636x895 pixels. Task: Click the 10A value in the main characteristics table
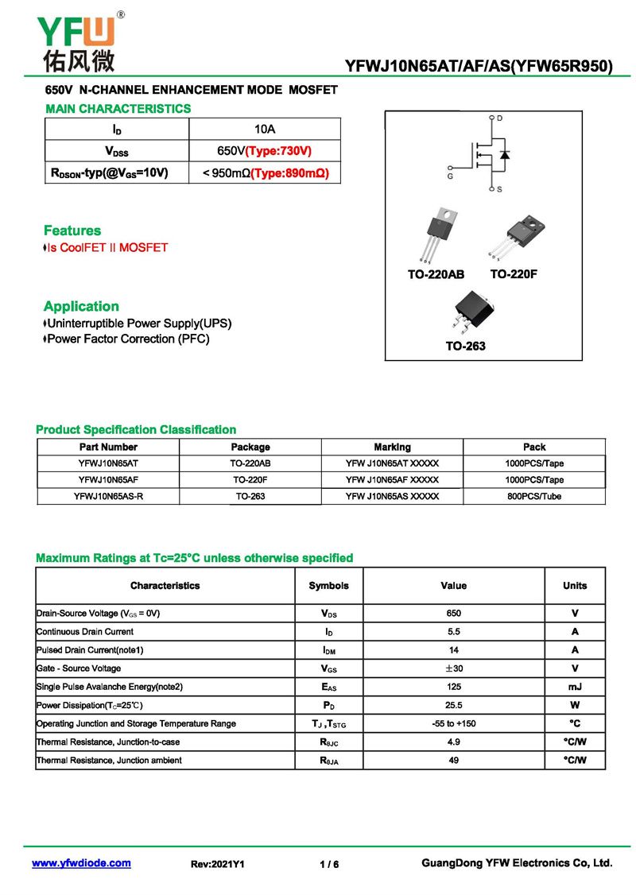(x=265, y=129)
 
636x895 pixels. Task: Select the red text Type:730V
(x=278, y=151)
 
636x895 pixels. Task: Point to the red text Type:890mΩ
(x=289, y=172)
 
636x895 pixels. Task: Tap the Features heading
(x=72, y=231)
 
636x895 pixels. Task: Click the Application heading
(x=81, y=306)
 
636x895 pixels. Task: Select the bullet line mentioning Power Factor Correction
(x=127, y=339)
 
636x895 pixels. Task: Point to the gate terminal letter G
(x=450, y=176)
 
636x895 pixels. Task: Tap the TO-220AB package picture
(x=436, y=234)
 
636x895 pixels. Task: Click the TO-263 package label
(x=465, y=346)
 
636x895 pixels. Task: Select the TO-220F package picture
(x=512, y=236)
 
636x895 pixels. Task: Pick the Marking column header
(x=392, y=447)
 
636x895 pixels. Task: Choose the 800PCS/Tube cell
(x=534, y=496)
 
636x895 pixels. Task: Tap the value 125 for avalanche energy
(x=453, y=686)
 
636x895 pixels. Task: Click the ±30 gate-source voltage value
(x=453, y=668)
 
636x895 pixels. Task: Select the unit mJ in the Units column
(x=575, y=686)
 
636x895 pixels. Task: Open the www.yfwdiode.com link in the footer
(x=81, y=863)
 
